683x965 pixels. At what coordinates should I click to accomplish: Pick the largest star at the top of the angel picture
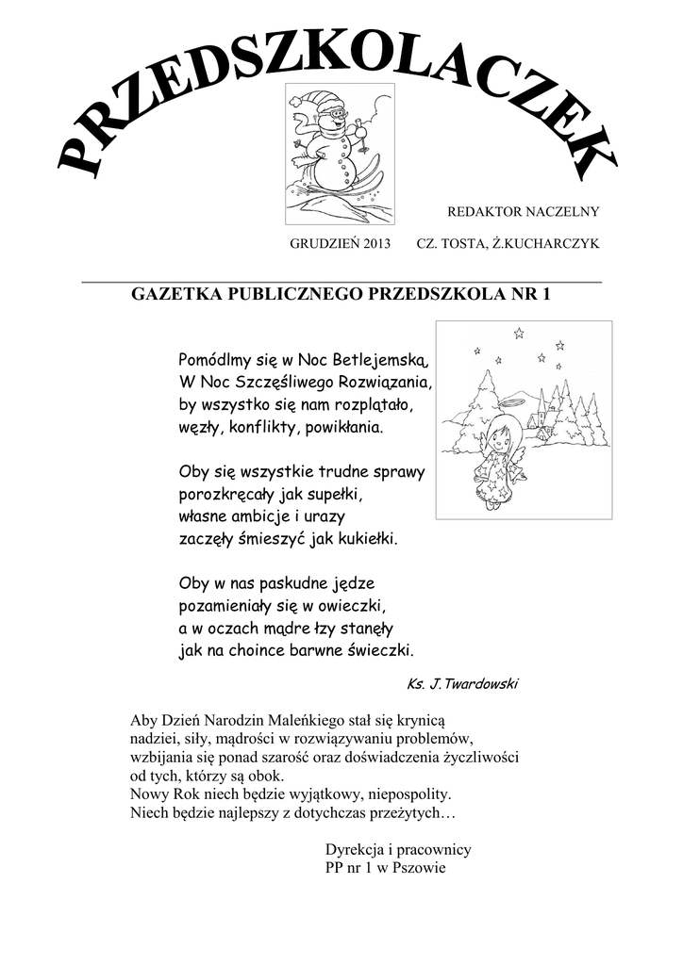tap(518, 333)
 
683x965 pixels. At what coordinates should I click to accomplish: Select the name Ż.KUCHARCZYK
tap(547, 244)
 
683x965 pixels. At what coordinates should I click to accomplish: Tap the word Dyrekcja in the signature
tap(352, 849)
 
